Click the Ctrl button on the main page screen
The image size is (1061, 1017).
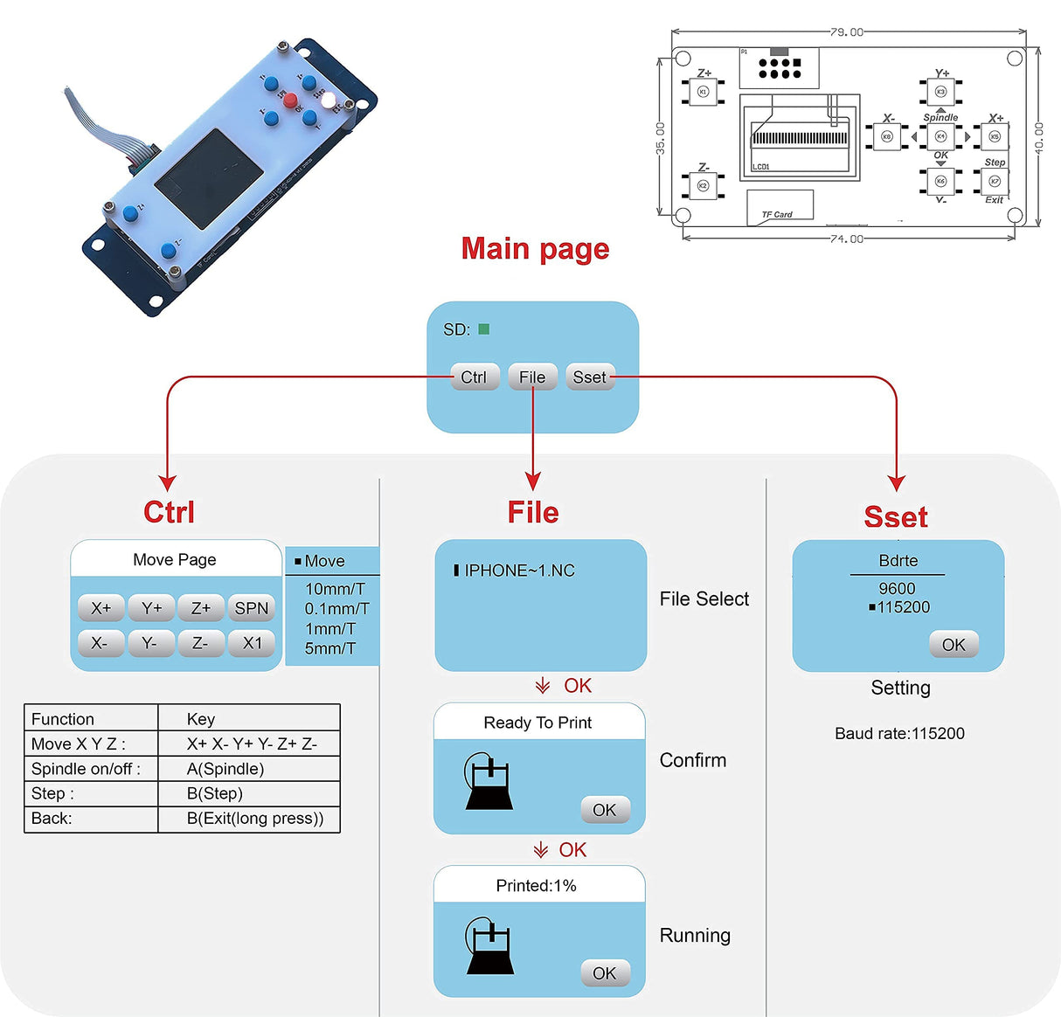475,377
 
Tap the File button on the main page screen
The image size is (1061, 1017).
532,377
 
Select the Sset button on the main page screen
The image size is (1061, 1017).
590,377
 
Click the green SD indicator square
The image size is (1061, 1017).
484,329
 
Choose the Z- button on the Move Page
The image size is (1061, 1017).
201,643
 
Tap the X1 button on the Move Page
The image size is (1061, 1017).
252,643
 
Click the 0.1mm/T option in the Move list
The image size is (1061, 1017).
336,608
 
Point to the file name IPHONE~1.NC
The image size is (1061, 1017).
519,571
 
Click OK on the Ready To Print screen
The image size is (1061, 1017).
604,810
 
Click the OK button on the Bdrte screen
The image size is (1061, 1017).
954,645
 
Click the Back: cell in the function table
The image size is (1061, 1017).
52,819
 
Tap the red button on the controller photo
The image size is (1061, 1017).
290,100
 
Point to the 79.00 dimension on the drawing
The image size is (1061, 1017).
846,32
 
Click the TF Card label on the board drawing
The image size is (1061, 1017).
777,214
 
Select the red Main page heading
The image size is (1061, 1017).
535,249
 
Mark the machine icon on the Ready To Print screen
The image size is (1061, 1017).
489,780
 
